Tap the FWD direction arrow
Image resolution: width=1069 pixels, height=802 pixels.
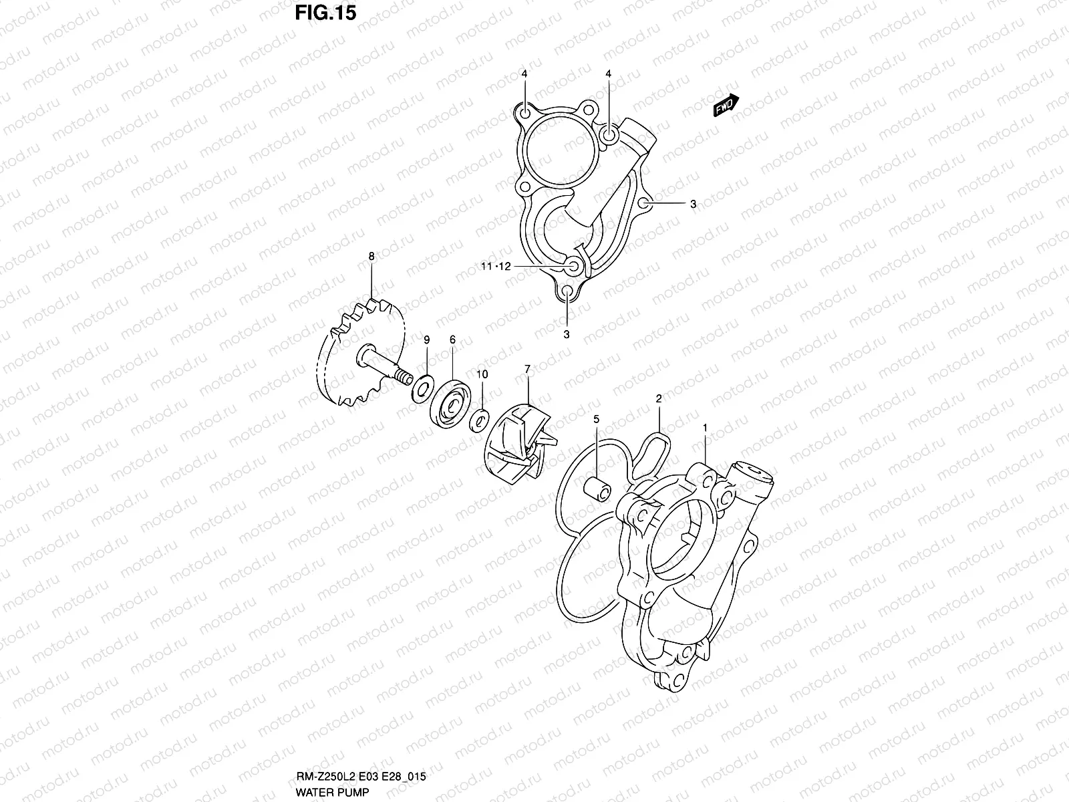[726, 105]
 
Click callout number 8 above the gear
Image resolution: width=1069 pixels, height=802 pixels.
[371, 256]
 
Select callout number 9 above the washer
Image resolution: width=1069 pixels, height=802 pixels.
[426, 341]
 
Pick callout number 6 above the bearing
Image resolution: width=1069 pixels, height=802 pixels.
[452, 340]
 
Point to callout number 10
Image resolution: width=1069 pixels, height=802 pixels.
[482, 374]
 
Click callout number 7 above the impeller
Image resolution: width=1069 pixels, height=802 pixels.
[527, 369]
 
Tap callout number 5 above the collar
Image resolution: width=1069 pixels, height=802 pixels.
[597, 418]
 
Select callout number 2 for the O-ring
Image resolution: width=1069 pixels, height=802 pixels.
[659, 398]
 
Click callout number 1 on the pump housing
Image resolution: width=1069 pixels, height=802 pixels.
[704, 426]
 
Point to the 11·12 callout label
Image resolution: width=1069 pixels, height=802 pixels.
[496, 266]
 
